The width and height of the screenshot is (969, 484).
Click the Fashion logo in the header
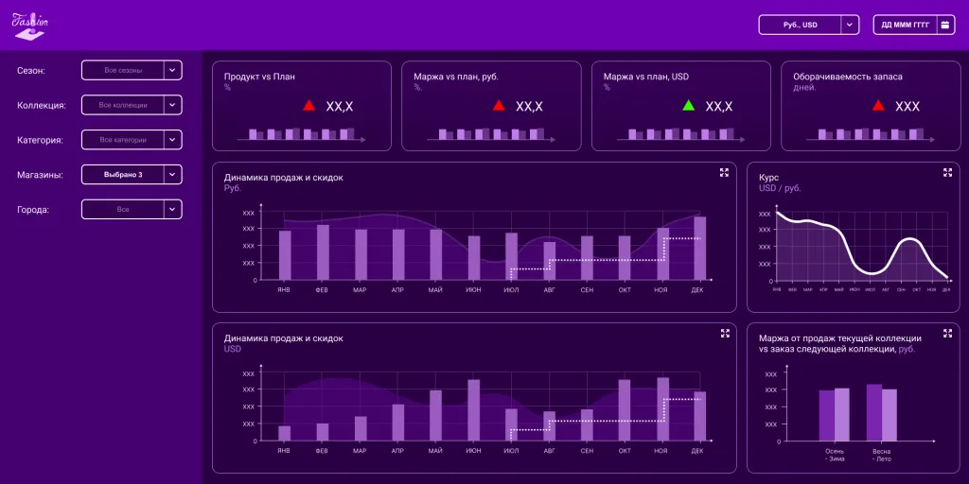point(29,24)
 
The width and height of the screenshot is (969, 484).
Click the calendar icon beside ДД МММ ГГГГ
point(945,25)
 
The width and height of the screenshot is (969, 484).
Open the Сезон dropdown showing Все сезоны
point(131,70)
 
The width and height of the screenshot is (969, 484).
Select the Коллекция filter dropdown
point(131,105)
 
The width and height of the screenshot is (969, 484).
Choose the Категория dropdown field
point(131,140)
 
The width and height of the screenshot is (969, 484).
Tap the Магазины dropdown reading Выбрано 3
point(131,175)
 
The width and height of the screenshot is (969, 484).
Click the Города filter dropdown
point(131,209)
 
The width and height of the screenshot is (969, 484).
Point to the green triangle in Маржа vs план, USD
point(688,106)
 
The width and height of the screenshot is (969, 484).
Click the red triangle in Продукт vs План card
point(308,106)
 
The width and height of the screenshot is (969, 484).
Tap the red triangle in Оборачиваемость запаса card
point(878,106)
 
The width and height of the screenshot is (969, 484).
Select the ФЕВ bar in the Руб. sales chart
point(323,252)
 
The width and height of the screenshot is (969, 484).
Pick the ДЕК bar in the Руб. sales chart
point(699,249)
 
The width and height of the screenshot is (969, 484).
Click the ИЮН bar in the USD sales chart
point(473,410)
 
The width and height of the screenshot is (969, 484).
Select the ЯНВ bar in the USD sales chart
point(285,433)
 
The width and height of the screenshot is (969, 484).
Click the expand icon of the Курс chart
point(947,172)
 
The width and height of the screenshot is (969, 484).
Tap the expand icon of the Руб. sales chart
point(724,172)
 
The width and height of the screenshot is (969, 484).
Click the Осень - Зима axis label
point(835,455)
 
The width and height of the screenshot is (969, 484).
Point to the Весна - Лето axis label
point(882,455)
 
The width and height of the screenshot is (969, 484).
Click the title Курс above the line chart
point(768,177)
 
